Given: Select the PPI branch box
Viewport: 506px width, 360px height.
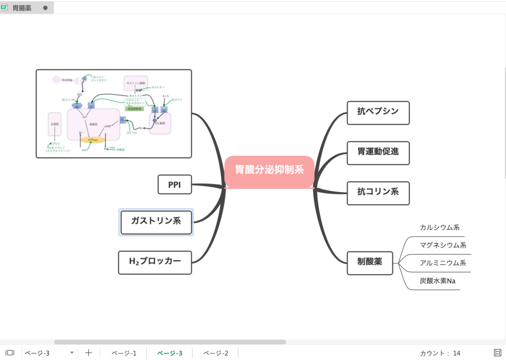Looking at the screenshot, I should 174,185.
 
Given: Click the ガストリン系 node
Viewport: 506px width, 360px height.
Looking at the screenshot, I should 156,221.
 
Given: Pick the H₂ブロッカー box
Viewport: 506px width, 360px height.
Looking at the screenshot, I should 155,262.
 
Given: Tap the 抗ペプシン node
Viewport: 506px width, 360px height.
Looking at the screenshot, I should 378,112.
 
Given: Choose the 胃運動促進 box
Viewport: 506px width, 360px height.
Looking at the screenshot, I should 378,152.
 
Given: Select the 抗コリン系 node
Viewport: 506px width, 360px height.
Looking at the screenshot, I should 378,192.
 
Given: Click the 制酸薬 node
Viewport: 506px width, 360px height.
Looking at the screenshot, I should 370,262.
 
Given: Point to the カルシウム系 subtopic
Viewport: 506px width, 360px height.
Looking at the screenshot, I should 440,228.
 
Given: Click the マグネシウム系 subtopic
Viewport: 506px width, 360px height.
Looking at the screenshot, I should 443,245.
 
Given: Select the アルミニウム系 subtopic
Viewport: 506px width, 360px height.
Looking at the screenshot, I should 443,263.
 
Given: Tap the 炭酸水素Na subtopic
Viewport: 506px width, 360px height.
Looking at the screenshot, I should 438,281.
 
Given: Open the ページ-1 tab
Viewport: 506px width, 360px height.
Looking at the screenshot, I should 124,353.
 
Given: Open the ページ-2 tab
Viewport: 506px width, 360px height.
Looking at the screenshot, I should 215,353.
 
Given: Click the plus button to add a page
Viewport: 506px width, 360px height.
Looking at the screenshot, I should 88,353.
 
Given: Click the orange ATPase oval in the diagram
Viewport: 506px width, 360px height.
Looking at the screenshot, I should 93,140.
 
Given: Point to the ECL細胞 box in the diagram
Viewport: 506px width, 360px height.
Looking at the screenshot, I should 160,123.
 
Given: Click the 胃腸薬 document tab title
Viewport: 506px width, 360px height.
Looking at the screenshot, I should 22,7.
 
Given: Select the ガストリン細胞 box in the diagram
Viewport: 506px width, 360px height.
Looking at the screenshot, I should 135,83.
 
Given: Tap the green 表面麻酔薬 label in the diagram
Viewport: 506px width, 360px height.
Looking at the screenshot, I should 134,108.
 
